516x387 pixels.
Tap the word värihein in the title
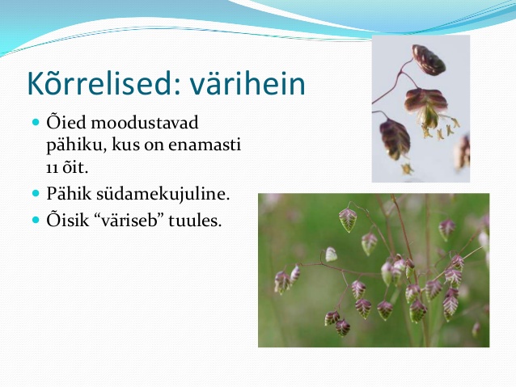point(247,83)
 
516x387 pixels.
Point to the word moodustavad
point(145,122)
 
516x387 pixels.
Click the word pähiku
point(76,145)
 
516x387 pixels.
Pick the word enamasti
point(205,145)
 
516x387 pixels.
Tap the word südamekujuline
point(163,194)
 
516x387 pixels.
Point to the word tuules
point(195,221)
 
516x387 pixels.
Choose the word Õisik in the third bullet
point(68,220)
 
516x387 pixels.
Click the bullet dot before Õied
point(36,123)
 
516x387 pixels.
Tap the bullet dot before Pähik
point(36,193)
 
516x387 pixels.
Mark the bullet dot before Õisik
point(36,220)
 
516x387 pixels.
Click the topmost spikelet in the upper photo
point(429,60)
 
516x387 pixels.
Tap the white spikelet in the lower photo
point(331,254)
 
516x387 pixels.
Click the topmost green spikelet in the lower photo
point(348,220)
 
